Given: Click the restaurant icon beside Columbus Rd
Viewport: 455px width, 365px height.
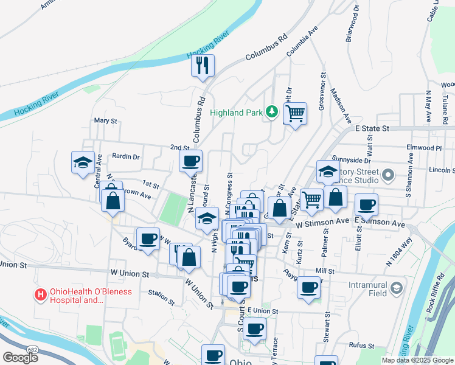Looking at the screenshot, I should (x=203, y=64).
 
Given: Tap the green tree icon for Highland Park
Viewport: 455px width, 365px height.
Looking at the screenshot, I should (x=272, y=112).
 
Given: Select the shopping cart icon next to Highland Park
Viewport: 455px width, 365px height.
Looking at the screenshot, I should (x=295, y=113).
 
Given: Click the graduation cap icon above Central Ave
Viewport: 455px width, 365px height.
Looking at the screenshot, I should (x=83, y=162).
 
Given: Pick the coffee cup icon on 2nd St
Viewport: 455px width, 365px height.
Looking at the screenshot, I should (x=190, y=161).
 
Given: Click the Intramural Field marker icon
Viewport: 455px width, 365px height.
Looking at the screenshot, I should (x=397, y=287).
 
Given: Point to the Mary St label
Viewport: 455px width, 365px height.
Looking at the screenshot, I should (x=106, y=121).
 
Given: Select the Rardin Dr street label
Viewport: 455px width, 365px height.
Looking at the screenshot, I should (x=126, y=156).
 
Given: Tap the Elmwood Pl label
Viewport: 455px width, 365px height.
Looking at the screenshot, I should (x=426, y=148).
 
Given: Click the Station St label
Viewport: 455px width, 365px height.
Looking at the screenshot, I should (x=162, y=296).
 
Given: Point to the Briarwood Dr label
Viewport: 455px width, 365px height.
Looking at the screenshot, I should (x=353, y=24).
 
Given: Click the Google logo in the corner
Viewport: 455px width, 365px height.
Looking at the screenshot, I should (x=20, y=357).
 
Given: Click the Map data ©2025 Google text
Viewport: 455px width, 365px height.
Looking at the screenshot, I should (x=417, y=360).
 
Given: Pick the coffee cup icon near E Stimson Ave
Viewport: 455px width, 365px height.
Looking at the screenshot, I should (x=366, y=205).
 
